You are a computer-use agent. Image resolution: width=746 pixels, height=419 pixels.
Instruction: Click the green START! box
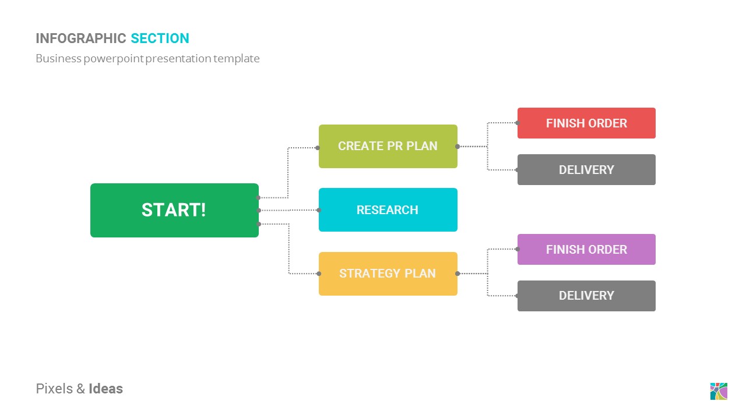pyautogui.click(x=174, y=210)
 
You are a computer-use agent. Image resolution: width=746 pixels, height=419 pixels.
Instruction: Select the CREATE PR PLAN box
pyautogui.click(x=388, y=146)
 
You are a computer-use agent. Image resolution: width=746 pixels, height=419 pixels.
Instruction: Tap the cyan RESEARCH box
pyautogui.click(x=388, y=210)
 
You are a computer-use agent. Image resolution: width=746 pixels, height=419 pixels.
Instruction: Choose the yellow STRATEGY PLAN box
pyautogui.click(x=388, y=274)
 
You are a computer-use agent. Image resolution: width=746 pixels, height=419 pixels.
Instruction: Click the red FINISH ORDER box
pyautogui.click(x=586, y=123)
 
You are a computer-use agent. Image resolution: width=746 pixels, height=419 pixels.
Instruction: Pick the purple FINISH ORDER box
pyautogui.click(x=586, y=250)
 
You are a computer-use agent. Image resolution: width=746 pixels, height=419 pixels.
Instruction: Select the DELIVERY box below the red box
pyautogui.click(x=586, y=169)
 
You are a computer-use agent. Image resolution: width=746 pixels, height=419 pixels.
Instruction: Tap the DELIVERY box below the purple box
pyautogui.click(x=586, y=296)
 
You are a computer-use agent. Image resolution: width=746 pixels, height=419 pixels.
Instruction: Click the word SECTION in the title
pyautogui.click(x=160, y=38)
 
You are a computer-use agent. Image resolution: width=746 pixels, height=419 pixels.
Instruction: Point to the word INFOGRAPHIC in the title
pyautogui.click(x=81, y=38)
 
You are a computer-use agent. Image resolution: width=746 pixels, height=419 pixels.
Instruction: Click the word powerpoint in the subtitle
pyautogui.click(x=113, y=59)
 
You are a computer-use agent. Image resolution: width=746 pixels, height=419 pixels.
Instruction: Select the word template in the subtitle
pyautogui.click(x=237, y=59)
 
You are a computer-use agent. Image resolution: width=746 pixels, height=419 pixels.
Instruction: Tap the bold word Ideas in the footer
pyautogui.click(x=105, y=389)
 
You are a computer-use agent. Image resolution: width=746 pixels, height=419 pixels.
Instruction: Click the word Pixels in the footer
pyautogui.click(x=54, y=389)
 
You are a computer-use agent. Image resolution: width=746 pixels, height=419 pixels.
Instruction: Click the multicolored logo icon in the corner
pyautogui.click(x=719, y=391)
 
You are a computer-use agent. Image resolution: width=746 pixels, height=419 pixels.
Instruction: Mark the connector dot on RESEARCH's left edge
pyautogui.click(x=319, y=210)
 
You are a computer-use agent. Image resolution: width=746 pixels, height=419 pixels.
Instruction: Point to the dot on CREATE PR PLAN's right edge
pyautogui.click(x=458, y=146)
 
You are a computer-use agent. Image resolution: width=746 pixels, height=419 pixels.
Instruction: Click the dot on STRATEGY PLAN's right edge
pyautogui.click(x=458, y=274)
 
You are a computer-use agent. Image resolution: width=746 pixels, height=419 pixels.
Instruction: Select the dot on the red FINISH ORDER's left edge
pyautogui.click(x=517, y=123)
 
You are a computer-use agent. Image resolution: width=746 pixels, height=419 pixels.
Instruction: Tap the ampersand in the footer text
pyautogui.click(x=80, y=389)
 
